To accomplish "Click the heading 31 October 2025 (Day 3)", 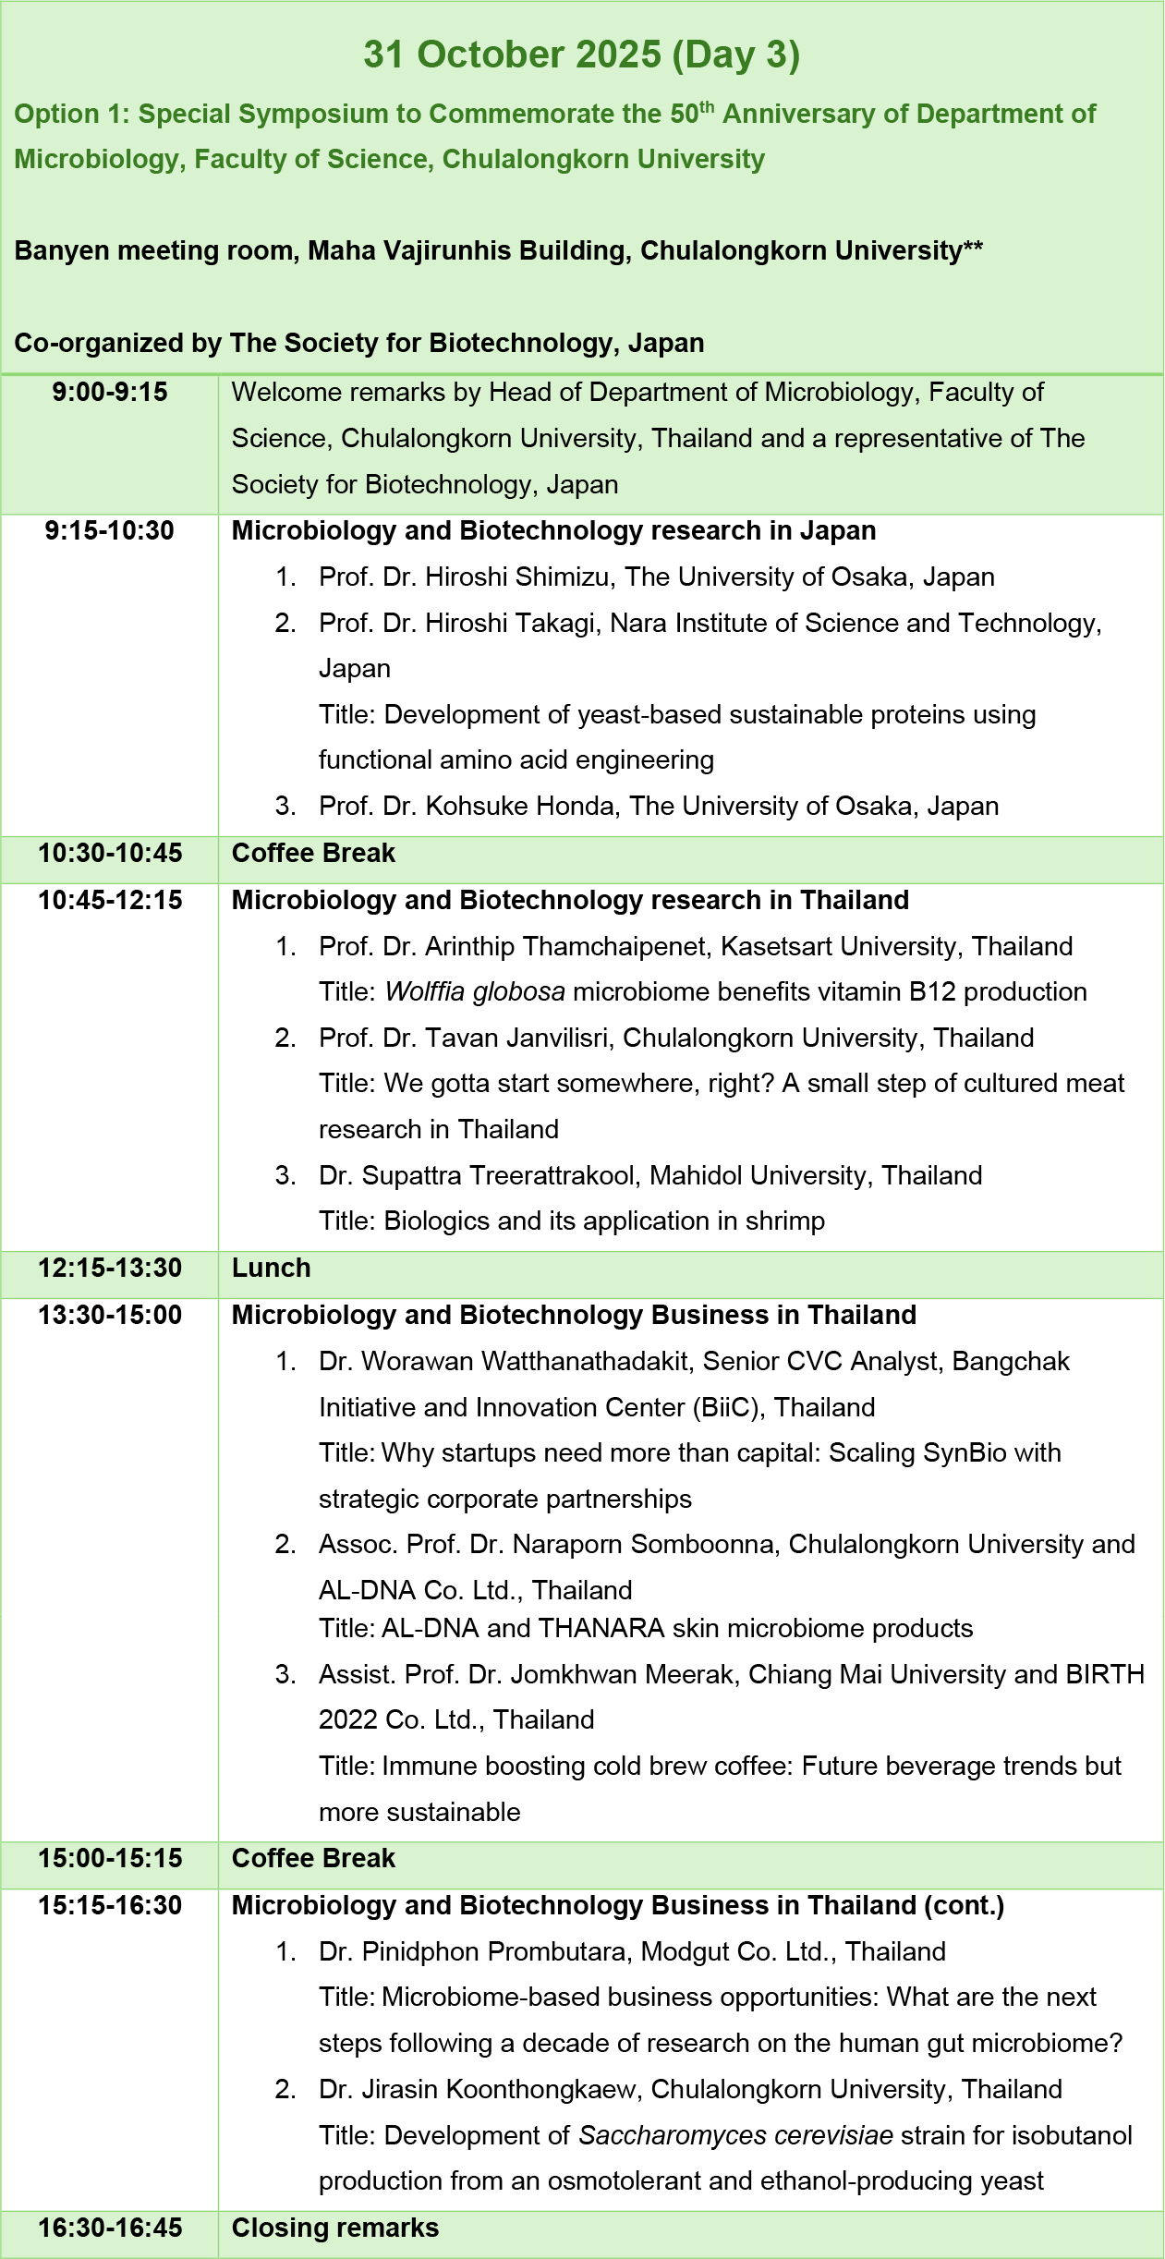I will [581, 55].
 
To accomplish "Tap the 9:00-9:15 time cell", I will [110, 393].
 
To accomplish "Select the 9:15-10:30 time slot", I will [110, 531].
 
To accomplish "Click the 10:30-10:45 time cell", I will [110, 854].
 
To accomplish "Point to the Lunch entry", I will [271, 1269].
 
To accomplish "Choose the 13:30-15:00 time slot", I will [110, 1316].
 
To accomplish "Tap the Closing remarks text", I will [335, 2229].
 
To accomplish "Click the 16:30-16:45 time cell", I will [110, 2229].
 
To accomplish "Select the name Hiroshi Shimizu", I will [517, 577].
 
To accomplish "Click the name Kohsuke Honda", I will [520, 807].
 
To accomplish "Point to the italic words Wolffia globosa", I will [475, 992].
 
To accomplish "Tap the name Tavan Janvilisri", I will [516, 1038].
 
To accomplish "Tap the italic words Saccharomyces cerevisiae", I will [735, 2136].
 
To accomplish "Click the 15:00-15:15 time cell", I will [110, 1859].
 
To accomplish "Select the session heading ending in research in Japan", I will [553, 531].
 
